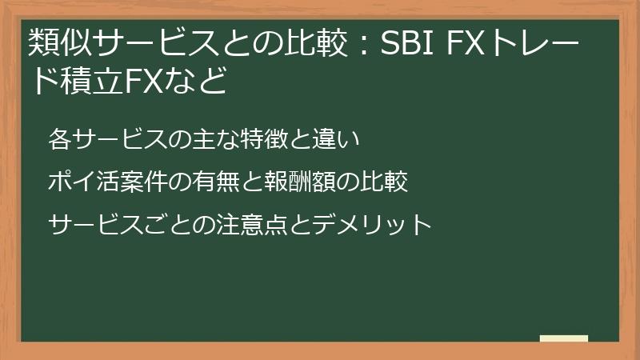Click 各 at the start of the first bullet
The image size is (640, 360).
click(59, 139)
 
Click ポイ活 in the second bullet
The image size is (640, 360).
click(81, 182)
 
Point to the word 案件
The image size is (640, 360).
click(143, 182)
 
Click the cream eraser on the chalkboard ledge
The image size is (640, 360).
click(563, 339)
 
